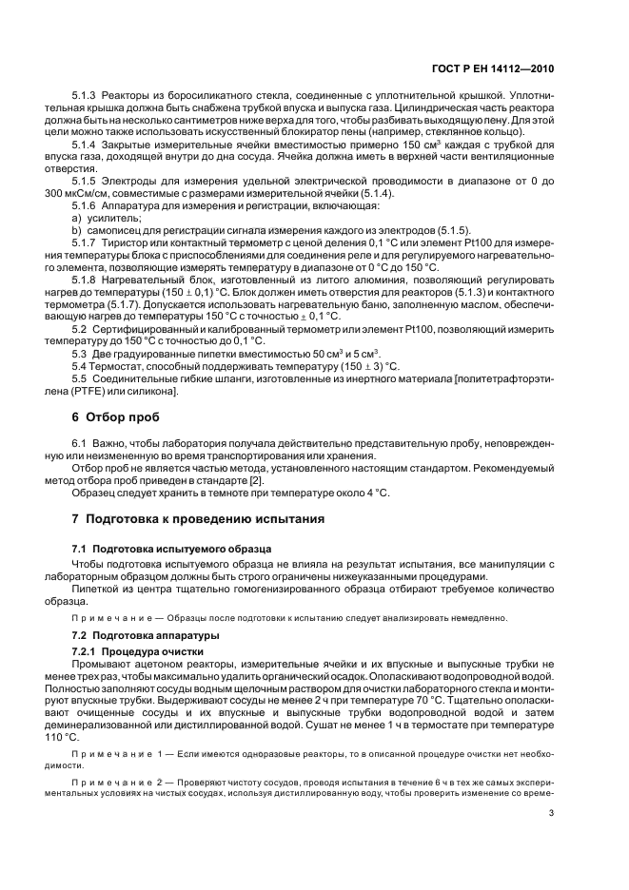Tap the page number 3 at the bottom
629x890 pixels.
pos(552,813)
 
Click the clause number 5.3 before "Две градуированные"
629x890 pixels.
pos(79,353)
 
